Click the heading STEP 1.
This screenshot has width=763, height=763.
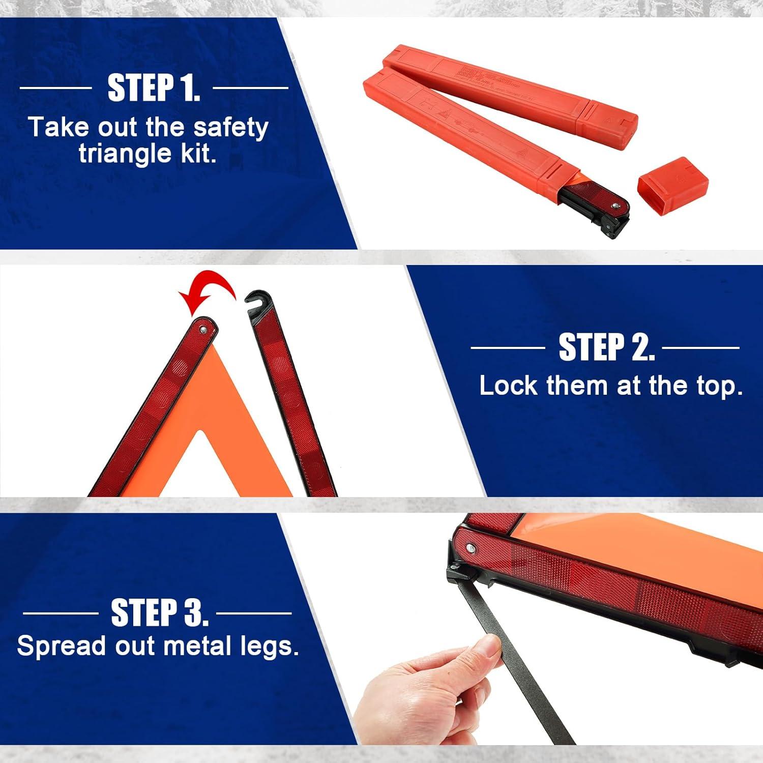point(154,87)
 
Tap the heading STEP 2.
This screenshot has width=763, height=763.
point(606,347)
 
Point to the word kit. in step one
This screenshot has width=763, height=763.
point(199,153)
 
